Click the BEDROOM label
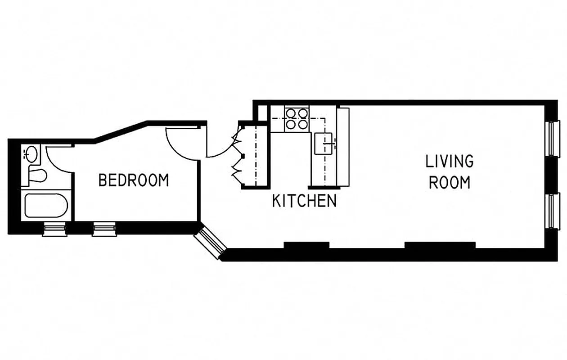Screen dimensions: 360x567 tap(134, 180)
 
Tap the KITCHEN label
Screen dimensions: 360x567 tap(304, 201)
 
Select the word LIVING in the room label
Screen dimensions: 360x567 tap(450, 161)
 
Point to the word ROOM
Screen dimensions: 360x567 tap(450, 183)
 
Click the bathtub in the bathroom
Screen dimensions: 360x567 tap(46, 206)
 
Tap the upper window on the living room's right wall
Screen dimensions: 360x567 tap(552, 138)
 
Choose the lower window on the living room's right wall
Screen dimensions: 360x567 tap(552, 211)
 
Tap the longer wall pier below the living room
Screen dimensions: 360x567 tap(440, 245)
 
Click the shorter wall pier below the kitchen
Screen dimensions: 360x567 tap(306, 245)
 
